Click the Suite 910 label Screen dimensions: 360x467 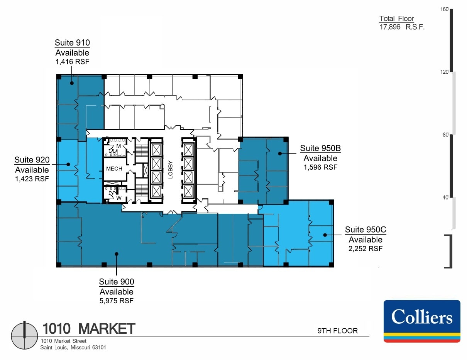coord(72,43)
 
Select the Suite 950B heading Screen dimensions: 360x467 coord(320,148)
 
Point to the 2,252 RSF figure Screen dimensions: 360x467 coord(365,249)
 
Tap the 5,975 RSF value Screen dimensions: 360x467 coord(117,301)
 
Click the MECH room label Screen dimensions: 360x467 coord(114,169)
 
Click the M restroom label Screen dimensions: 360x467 coord(119,146)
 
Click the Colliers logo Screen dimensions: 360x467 coord(422,321)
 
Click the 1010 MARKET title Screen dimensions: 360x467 coord(88,329)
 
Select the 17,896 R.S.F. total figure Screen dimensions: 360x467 coord(402,27)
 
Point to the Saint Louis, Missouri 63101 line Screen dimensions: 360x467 coord(73,347)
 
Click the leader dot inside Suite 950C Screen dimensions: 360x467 coord(325,235)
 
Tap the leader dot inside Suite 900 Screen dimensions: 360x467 coord(117,254)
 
